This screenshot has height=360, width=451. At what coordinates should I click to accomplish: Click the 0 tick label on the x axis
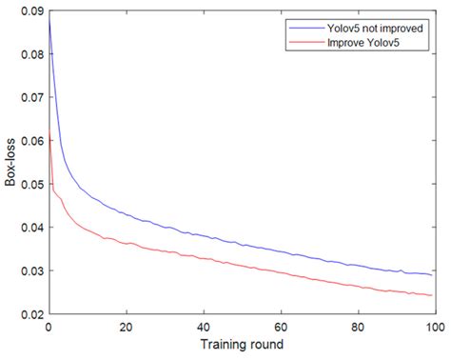(x=48, y=326)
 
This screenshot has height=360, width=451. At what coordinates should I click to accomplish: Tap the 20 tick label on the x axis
(x=126, y=326)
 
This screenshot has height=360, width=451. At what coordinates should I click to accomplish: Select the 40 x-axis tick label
(x=203, y=326)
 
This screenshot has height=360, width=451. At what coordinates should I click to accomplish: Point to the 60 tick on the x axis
(x=281, y=326)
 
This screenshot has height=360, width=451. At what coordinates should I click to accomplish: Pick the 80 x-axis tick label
(x=358, y=326)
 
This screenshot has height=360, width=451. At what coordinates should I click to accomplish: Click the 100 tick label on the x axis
(x=434, y=326)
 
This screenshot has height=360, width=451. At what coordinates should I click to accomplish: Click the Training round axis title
(x=241, y=343)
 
